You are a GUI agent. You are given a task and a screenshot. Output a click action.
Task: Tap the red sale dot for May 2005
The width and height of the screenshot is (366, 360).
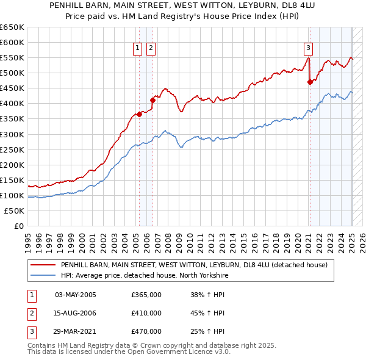pyautogui.click(x=139, y=113)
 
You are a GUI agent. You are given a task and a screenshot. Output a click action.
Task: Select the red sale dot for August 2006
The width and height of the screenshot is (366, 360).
pyautogui.click(x=153, y=100)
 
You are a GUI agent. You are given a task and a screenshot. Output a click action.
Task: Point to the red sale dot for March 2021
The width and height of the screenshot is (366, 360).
pyautogui.click(x=310, y=82)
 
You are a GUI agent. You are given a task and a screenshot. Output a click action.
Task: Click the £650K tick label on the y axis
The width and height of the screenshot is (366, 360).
pyautogui.click(x=12, y=27)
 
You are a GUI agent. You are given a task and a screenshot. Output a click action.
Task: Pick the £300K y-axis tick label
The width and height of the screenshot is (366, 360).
pyautogui.click(x=12, y=134)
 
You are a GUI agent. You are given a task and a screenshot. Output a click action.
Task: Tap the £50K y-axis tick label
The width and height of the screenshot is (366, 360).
pyautogui.click(x=14, y=211)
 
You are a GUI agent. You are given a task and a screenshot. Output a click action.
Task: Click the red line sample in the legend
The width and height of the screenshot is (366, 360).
pyautogui.click(x=43, y=265)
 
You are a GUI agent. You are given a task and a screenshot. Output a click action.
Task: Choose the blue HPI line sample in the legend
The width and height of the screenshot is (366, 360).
pyautogui.click(x=43, y=275)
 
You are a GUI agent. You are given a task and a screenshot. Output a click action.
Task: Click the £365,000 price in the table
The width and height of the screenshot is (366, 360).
pyautogui.click(x=146, y=295)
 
